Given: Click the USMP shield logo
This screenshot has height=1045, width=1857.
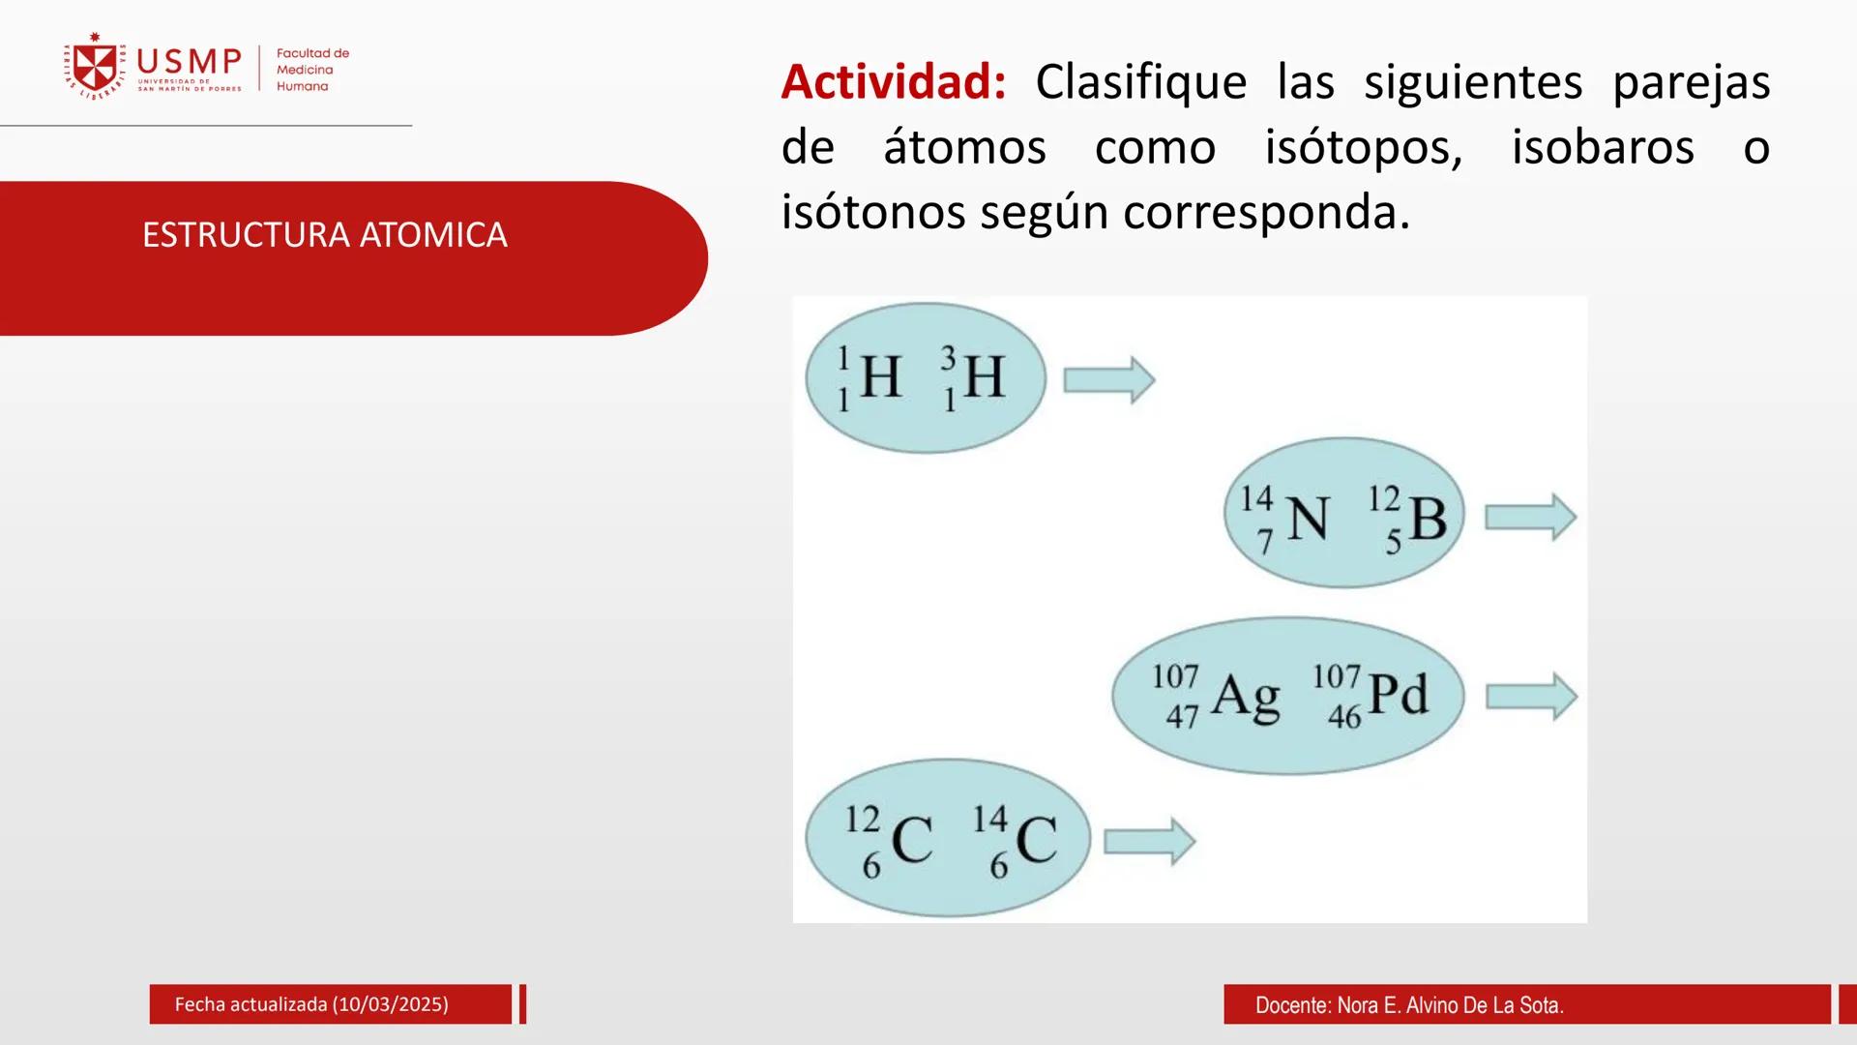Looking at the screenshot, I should click(94, 66).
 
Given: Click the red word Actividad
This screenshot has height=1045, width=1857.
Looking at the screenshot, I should click(893, 81).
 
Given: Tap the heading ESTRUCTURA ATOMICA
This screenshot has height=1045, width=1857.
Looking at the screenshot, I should click(324, 235).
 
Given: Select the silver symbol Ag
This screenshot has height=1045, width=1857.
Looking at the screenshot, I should click(1246, 697).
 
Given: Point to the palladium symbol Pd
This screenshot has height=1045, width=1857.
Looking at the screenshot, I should click(1399, 695).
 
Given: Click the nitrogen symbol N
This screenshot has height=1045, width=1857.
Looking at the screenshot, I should click(1309, 519).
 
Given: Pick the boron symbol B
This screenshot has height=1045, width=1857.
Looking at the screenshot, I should click(1428, 519).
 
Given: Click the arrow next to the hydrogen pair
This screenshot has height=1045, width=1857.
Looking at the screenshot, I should click(1108, 379).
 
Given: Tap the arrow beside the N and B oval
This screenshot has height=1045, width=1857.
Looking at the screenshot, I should click(1530, 518).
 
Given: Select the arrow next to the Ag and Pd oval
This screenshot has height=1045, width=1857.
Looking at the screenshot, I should click(1531, 697).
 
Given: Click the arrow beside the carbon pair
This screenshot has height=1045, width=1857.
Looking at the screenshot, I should click(1149, 841).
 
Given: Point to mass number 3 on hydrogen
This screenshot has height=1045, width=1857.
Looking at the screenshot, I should click(948, 358).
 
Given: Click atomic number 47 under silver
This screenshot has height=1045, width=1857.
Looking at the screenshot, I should click(1182, 717).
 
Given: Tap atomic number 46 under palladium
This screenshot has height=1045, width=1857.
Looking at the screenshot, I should click(1344, 717).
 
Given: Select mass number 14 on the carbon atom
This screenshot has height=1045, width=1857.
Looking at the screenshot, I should click(990, 819).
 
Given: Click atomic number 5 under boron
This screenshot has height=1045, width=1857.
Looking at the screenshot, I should click(1393, 542).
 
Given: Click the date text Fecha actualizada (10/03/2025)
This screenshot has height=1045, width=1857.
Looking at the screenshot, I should click(311, 1004).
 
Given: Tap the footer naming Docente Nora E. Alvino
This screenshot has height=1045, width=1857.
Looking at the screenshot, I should click(1408, 1005).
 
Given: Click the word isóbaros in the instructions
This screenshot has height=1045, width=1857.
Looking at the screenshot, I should click(1602, 147).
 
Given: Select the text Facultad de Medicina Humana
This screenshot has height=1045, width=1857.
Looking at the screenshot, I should click(311, 70).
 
